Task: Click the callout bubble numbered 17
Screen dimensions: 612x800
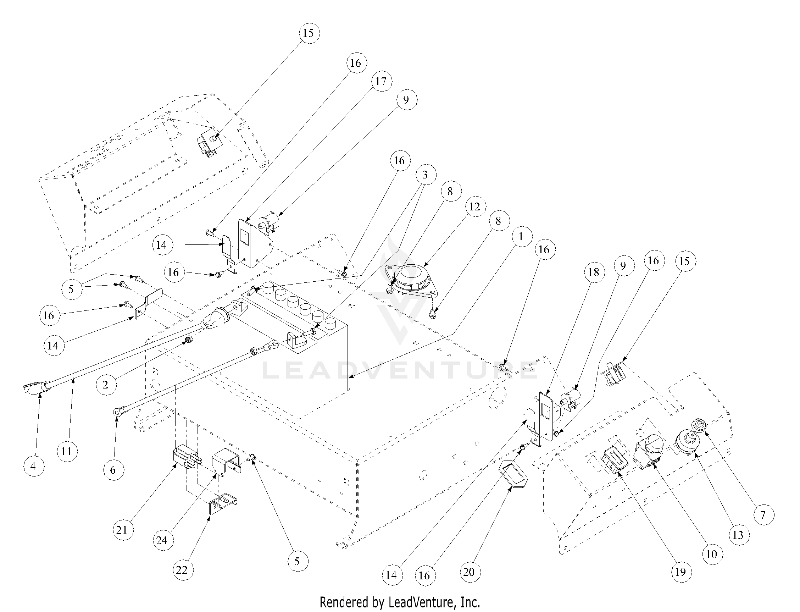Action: click(381, 81)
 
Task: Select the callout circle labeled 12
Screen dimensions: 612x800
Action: click(474, 207)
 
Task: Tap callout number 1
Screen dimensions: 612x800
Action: click(521, 237)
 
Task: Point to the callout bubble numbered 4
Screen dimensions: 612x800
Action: click(33, 466)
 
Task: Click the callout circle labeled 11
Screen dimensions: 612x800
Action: click(67, 451)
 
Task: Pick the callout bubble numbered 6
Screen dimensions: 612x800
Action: click(113, 470)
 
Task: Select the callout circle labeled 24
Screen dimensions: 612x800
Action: click(162, 540)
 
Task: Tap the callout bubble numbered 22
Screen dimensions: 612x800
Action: click(182, 570)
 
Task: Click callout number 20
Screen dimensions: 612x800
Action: click(470, 572)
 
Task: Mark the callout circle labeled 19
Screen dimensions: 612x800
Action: click(680, 572)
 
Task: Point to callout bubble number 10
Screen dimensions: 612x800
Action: click(711, 555)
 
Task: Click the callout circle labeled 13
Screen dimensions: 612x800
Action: click(738, 535)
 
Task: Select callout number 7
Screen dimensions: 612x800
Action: click(763, 514)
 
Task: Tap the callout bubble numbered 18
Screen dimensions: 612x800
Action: click(594, 272)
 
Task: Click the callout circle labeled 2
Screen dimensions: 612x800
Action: click(106, 384)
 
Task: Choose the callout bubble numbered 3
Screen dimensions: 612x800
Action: click(425, 175)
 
